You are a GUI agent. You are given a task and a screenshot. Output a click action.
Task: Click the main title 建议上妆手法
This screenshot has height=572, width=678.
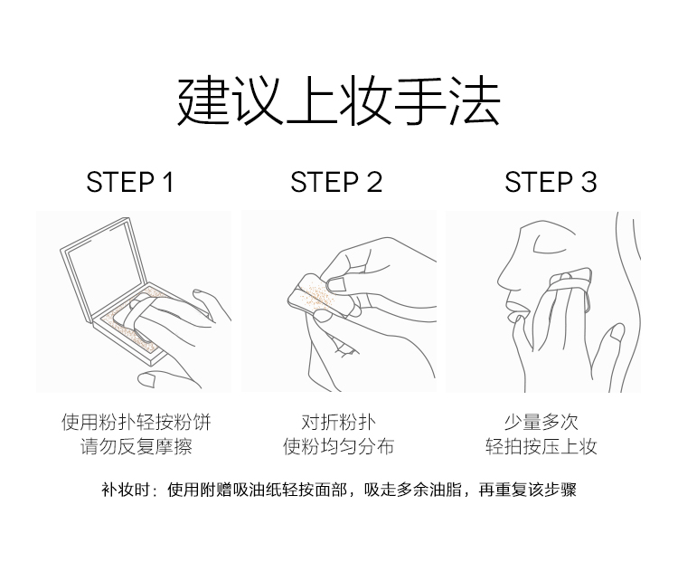coord(339,100)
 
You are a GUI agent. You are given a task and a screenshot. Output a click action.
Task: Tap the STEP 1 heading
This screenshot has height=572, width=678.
coord(130,182)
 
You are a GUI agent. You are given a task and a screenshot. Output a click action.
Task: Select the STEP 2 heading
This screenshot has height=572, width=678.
coord(336,182)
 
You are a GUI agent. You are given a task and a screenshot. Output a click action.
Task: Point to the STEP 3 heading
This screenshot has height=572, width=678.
coord(551,182)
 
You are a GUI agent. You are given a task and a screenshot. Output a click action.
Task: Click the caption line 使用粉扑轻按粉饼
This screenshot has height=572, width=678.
coord(136,422)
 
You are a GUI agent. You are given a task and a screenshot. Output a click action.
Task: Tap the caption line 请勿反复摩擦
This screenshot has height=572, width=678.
coord(136,446)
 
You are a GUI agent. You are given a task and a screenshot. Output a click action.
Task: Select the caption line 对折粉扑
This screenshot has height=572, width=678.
coord(339,422)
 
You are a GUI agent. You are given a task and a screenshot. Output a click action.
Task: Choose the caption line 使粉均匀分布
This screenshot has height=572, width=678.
coord(339,446)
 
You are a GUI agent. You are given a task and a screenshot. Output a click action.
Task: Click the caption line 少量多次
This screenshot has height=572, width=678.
coord(541,422)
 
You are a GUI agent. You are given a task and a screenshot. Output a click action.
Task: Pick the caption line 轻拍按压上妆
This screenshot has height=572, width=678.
coord(541,446)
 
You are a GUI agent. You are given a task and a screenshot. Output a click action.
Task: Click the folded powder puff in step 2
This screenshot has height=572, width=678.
coord(314,293)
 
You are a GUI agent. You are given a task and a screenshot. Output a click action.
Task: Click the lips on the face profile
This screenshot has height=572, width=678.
coord(515,310)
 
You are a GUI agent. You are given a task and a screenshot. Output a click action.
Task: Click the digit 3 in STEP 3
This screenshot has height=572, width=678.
coord(589,182)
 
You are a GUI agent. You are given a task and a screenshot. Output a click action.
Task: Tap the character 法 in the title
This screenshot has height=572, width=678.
coord(475,100)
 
